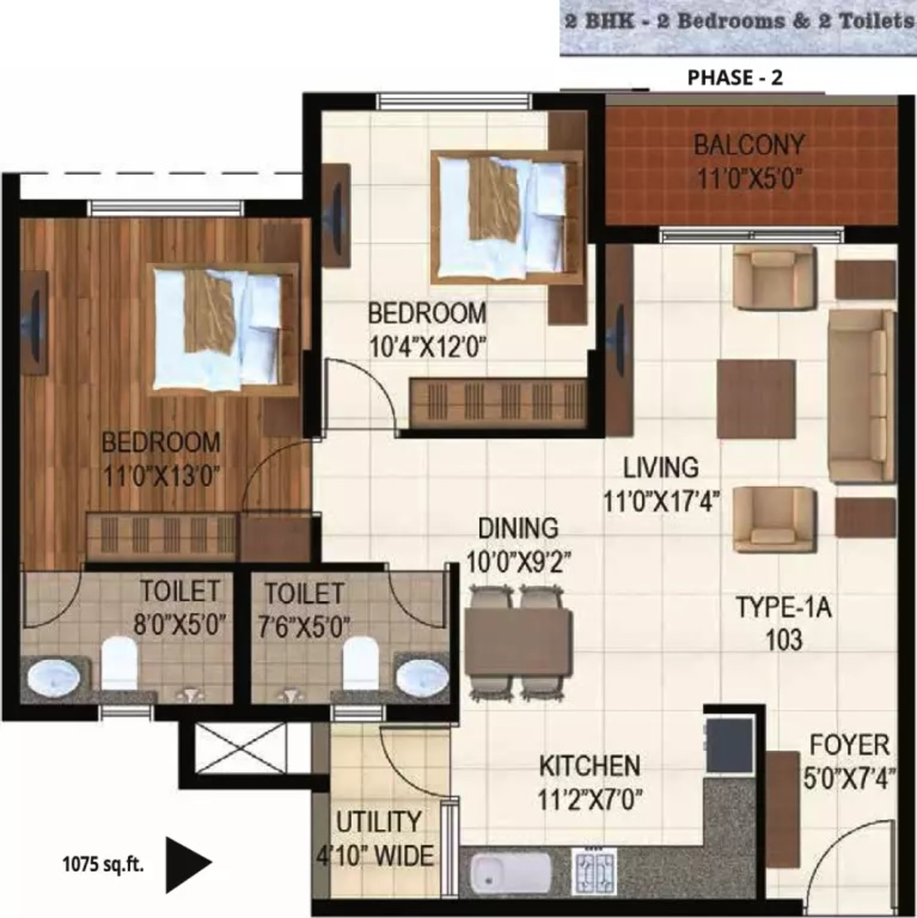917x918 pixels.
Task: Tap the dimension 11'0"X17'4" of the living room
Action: pos(661,502)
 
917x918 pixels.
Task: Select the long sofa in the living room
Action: pos(861,397)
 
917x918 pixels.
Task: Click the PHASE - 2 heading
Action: pos(735,77)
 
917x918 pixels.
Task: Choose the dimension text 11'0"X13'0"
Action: pos(161,476)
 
